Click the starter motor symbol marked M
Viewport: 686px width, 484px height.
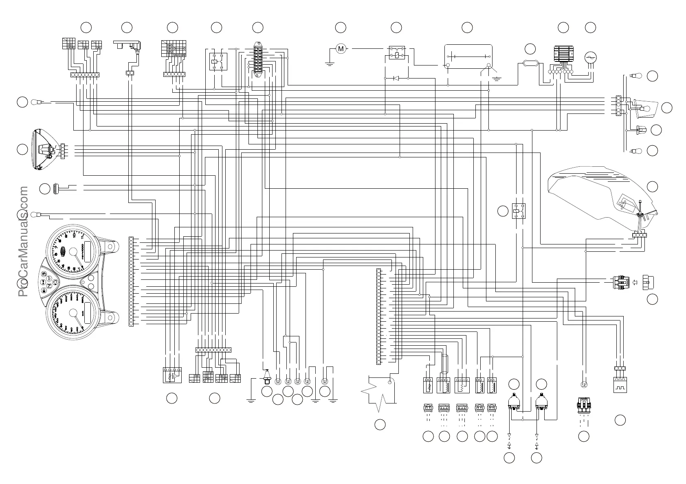point(341,49)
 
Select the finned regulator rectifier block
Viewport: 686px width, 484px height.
point(563,54)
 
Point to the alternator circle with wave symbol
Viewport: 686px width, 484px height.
point(590,58)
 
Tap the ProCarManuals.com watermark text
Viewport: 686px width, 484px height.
point(23,242)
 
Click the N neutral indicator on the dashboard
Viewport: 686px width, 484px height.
point(49,286)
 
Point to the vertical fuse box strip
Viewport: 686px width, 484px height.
point(257,60)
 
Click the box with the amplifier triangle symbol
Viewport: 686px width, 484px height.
point(172,375)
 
